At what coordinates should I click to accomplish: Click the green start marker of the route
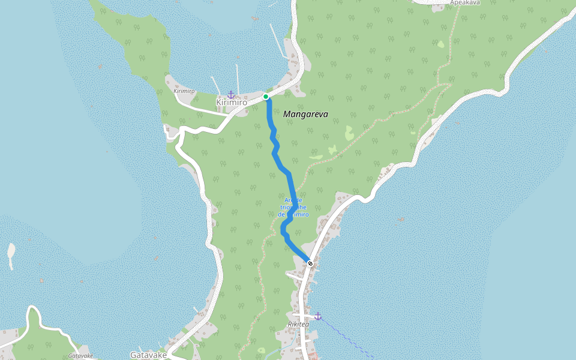[x=266, y=97]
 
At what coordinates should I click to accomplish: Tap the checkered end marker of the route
[x=310, y=263]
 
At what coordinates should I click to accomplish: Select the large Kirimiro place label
[x=232, y=103]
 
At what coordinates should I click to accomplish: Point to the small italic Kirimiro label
[x=184, y=91]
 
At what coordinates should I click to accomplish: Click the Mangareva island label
[x=305, y=114]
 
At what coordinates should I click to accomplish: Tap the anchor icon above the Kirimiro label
[x=231, y=95]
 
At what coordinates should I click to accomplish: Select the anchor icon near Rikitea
[x=318, y=316]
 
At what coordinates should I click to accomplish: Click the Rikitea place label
[x=298, y=325]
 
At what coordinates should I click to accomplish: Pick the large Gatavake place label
[x=148, y=355]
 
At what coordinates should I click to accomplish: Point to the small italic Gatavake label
[x=80, y=356]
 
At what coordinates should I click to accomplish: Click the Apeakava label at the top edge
[x=464, y=3]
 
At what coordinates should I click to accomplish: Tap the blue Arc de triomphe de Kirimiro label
[x=293, y=207]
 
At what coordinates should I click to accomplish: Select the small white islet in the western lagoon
[x=11, y=255]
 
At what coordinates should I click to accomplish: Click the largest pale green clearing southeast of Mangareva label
[x=349, y=133]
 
